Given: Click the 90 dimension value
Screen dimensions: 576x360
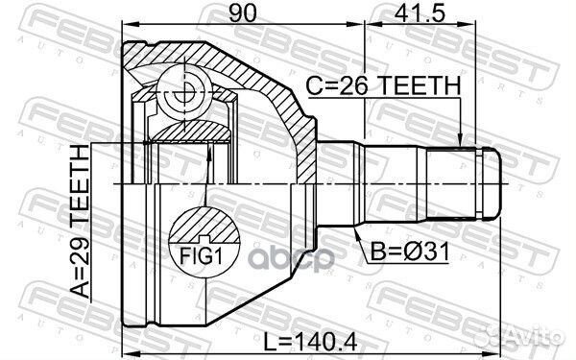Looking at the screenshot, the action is [x=242, y=13].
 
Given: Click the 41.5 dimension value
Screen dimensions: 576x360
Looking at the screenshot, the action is [x=420, y=13].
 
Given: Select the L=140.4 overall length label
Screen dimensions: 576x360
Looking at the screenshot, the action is [x=310, y=343].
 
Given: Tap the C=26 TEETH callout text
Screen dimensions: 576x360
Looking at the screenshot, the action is [x=383, y=85].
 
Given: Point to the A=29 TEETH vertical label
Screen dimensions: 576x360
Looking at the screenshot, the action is [x=81, y=222].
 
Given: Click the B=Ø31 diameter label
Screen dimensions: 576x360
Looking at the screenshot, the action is [x=410, y=252].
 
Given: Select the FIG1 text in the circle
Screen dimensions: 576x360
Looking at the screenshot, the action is [x=202, y=256].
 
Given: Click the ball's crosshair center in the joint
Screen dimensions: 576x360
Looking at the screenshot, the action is [x=183, y=91].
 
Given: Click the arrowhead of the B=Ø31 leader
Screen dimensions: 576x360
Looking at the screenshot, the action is [x=355, y=231].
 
